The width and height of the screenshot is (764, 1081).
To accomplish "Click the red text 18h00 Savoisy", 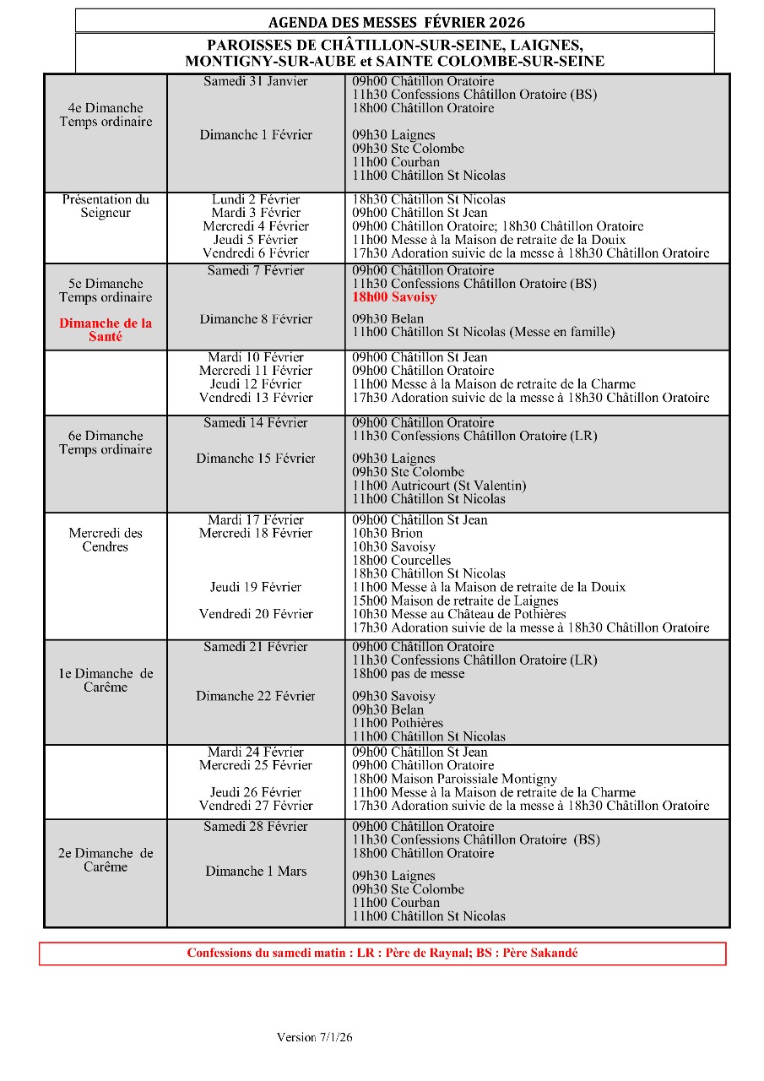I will pyautogui.click(x=394, y=298).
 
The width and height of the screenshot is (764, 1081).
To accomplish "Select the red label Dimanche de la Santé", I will pyautogui.click(x=106, y=330).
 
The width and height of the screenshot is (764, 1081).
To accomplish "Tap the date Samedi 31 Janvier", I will pyautogui.click(x=256, y=82).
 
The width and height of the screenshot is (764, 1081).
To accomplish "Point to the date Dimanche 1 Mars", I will pyautogui.click(x=256, y=872).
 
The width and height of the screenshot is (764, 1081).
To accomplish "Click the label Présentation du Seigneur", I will pyautogui.click(x=106, y=206).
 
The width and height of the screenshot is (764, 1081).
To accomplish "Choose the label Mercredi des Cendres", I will pyautogui.click(x=106, y=540).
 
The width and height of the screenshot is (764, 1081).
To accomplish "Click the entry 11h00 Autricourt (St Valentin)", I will pyautogui.click(x=439, y=486).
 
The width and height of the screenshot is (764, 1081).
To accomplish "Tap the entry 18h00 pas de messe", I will pyautogui.click(x=408, y=674).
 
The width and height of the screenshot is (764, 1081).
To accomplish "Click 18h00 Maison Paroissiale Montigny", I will pyautogui.click(x=454, y=779).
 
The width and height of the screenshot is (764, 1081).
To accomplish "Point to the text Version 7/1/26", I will pyautogui.click(x=314, y=1037).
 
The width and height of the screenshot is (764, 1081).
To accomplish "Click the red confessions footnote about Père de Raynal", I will pyautogui.click(x=382, y=953).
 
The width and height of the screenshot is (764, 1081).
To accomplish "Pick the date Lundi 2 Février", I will pyautogui.click(x=256, y=200).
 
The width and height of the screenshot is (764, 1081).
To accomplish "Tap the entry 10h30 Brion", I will pyautogui.click(x=387, y=534).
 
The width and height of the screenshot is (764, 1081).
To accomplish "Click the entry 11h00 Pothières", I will pyautogui.click(x=397, y=723).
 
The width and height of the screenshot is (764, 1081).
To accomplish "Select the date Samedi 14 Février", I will pyautogui.click(x=256, y=423).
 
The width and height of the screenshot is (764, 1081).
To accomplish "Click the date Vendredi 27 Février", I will pyautogui.click(x=256, y=806).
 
